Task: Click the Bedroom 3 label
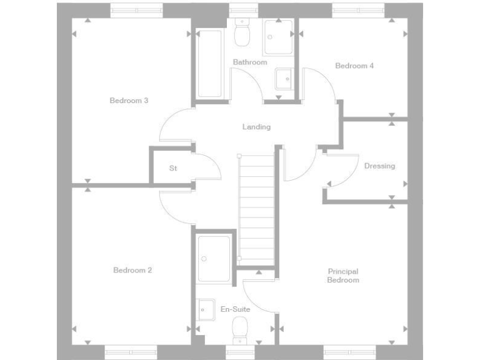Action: [129, 101]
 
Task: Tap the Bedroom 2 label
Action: [132, 271]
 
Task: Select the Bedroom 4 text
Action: [354, 66]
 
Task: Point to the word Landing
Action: [256, 127]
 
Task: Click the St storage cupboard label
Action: [173, 169]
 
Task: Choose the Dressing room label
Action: [379, 166]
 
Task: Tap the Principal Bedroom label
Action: [343, 276]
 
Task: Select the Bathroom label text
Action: [250, 62]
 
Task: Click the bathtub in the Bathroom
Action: [210, 66]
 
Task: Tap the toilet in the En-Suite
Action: [240, 329]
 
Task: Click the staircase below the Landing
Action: [257, 206]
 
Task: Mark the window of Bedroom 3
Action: [137, 10]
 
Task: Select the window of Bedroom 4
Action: [357, 10]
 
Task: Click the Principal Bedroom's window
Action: [349, 352]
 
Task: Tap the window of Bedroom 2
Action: [131, 352]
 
